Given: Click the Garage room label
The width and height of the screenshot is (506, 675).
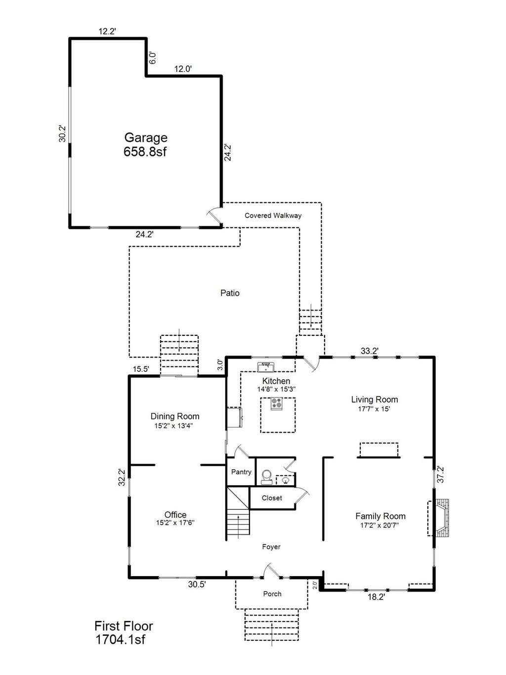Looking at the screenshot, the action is click(x=146, y=138).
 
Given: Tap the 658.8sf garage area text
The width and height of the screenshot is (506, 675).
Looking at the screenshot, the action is click(x=145, y=152).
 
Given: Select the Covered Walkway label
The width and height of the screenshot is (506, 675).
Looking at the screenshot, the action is click(x=273, y=216).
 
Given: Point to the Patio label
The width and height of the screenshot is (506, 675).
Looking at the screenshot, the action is click(x=230, y=293).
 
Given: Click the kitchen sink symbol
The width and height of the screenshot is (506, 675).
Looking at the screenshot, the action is click(x=266, y=367).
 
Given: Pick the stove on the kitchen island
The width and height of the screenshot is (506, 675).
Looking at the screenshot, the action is click(x=277, y=404).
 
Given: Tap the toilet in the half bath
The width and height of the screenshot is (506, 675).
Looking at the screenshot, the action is click(x=266, y=477).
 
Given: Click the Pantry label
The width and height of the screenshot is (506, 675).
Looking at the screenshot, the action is click(x=241, y=472).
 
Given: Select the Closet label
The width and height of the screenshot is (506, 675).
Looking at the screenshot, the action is click(x=272, y=498).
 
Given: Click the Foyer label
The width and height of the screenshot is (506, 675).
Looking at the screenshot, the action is click(x=271, y=547).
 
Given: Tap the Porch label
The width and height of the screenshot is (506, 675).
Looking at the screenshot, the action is click(x=272, y=594).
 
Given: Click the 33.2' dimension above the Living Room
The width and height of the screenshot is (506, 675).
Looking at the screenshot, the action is click(x=369, y=351).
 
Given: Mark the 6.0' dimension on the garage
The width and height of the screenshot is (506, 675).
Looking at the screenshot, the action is click(x=153, y=57).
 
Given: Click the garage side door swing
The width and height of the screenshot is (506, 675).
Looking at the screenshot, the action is click(x=214, y=215).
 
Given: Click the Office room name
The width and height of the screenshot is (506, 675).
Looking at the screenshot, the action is click(x=175, y=515).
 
